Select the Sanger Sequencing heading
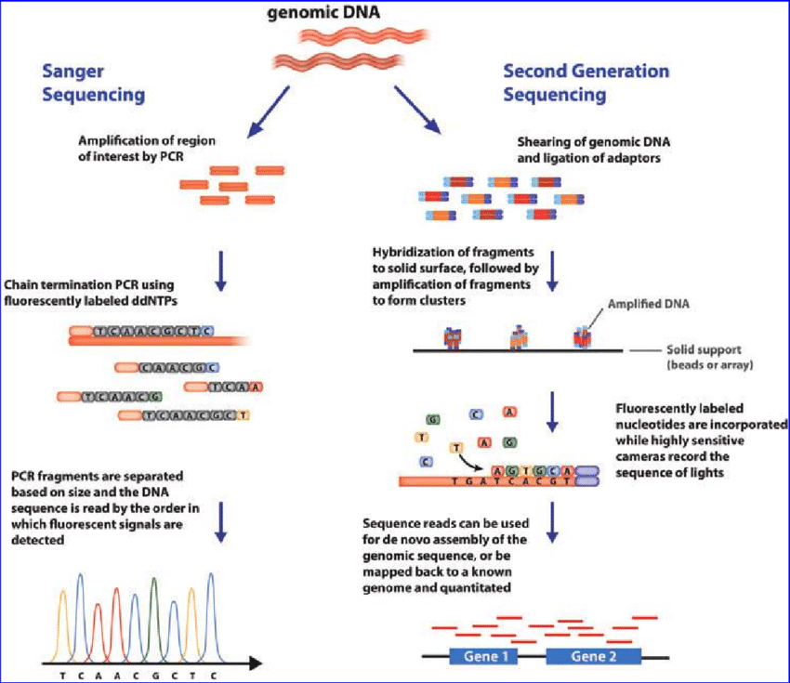click(x=90, y=83)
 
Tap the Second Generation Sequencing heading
click(x=585, y=83)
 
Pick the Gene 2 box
click(x=593, y=656)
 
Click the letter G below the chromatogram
click(x=153, y=675)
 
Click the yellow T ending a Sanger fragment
click(x=244, y=415)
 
